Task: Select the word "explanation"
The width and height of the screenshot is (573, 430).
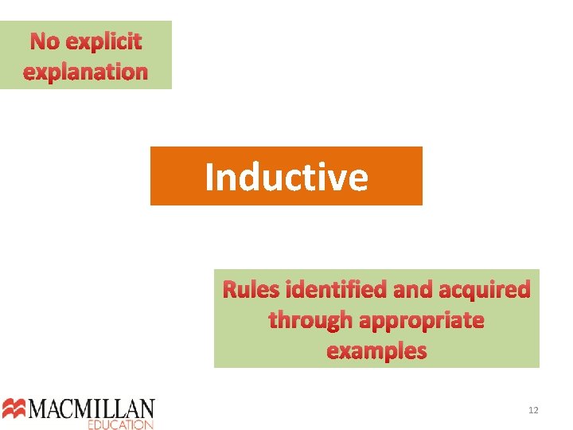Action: click(x=86, y=72)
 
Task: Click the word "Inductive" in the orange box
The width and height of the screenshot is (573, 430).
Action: click(x=286, y=176)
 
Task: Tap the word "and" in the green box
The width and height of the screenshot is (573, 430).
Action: click(x=412, y=289)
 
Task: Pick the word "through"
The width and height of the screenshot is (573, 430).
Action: click(x=311, y=320)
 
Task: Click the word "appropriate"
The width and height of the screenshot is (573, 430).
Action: click(x=422, y=321)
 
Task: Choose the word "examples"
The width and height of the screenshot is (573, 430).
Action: click(x=376, y=351)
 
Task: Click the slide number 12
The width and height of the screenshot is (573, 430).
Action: click(x=533, y=410)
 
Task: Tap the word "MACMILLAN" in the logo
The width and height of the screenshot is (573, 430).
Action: click(x=92, y=409)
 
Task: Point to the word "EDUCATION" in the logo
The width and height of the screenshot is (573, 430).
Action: click(x=120, y=424)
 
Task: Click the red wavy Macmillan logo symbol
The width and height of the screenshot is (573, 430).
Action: click(x=14, y=408)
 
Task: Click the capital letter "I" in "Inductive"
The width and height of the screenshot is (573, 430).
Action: click(x=210, y=176)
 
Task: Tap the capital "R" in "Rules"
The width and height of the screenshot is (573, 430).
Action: click(x=231, y=289)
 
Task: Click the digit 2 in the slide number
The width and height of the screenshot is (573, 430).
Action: click(x=536, y=410)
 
